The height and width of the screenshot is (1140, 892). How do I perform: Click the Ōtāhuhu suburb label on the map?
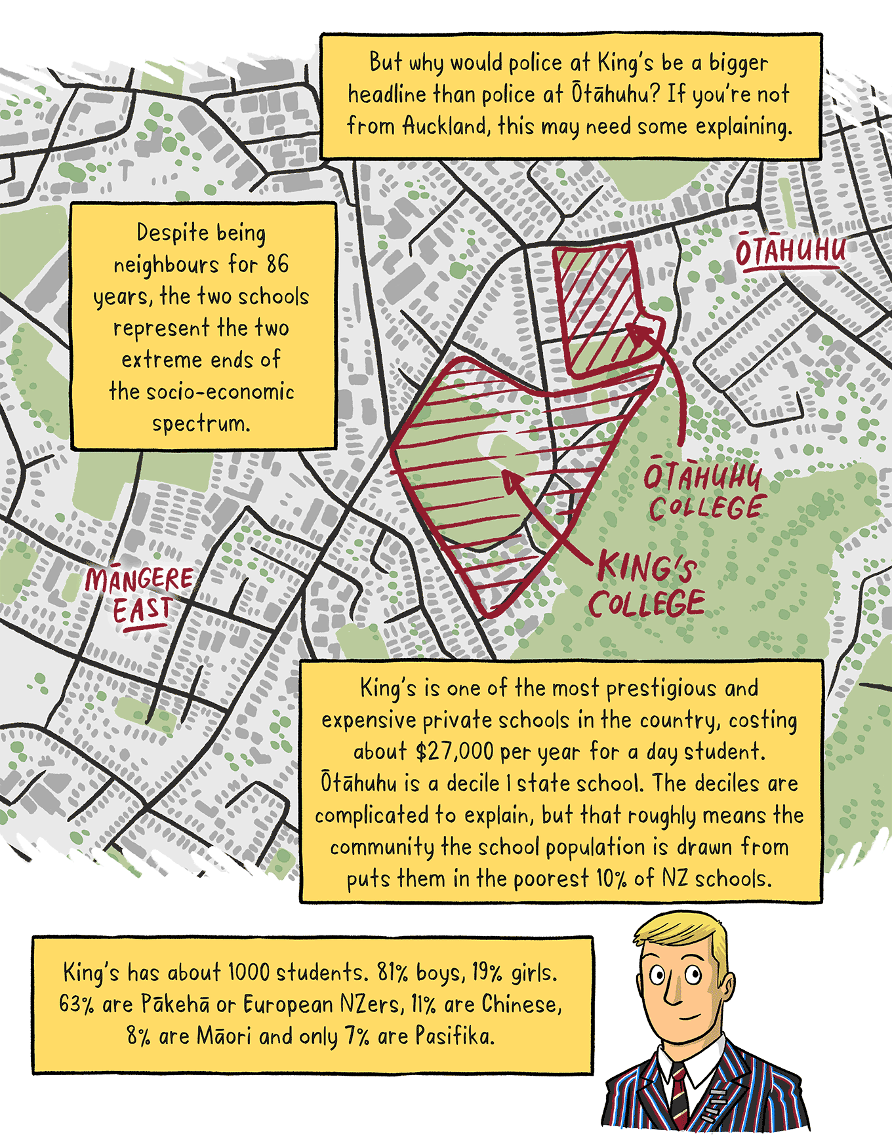(790, 251)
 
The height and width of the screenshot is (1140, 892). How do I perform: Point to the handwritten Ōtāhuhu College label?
(704, 492)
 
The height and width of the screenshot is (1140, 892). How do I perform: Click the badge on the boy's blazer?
(715, 1101)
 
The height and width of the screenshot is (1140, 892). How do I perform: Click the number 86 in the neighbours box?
(277, 264)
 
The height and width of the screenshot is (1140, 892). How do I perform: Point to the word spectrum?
(201, 423)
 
